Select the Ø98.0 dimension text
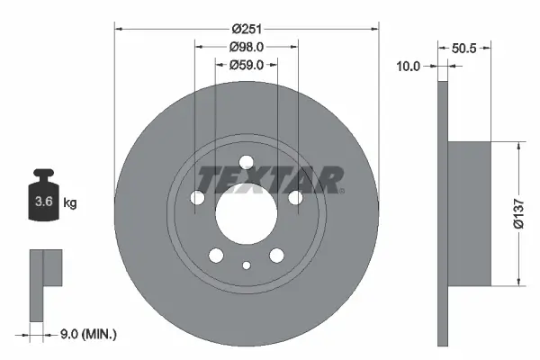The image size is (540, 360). pos(246,47)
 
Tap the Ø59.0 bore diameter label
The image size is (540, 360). pos(246,65)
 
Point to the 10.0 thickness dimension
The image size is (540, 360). pos(410,65)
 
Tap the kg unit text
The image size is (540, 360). pos(70,203)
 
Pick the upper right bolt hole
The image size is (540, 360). pos(295,198)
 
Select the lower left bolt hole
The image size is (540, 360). pos(216,256)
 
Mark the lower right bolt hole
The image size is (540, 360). pos(276,256)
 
